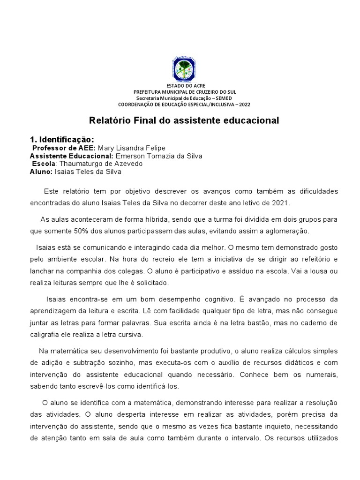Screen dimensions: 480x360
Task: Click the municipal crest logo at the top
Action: tap(184, 69)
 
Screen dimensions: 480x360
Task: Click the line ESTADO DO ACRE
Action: tap(184, 86)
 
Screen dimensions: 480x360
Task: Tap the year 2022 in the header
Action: tap(244, 105)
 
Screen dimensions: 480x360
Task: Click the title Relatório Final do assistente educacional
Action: tap(184, 120)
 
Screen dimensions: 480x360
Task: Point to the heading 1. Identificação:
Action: tap(62, 140)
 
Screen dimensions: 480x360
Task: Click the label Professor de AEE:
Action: tap(64, 148)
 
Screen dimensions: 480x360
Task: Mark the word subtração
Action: tap(86, 363)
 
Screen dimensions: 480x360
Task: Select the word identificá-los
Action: tap(154, 387)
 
